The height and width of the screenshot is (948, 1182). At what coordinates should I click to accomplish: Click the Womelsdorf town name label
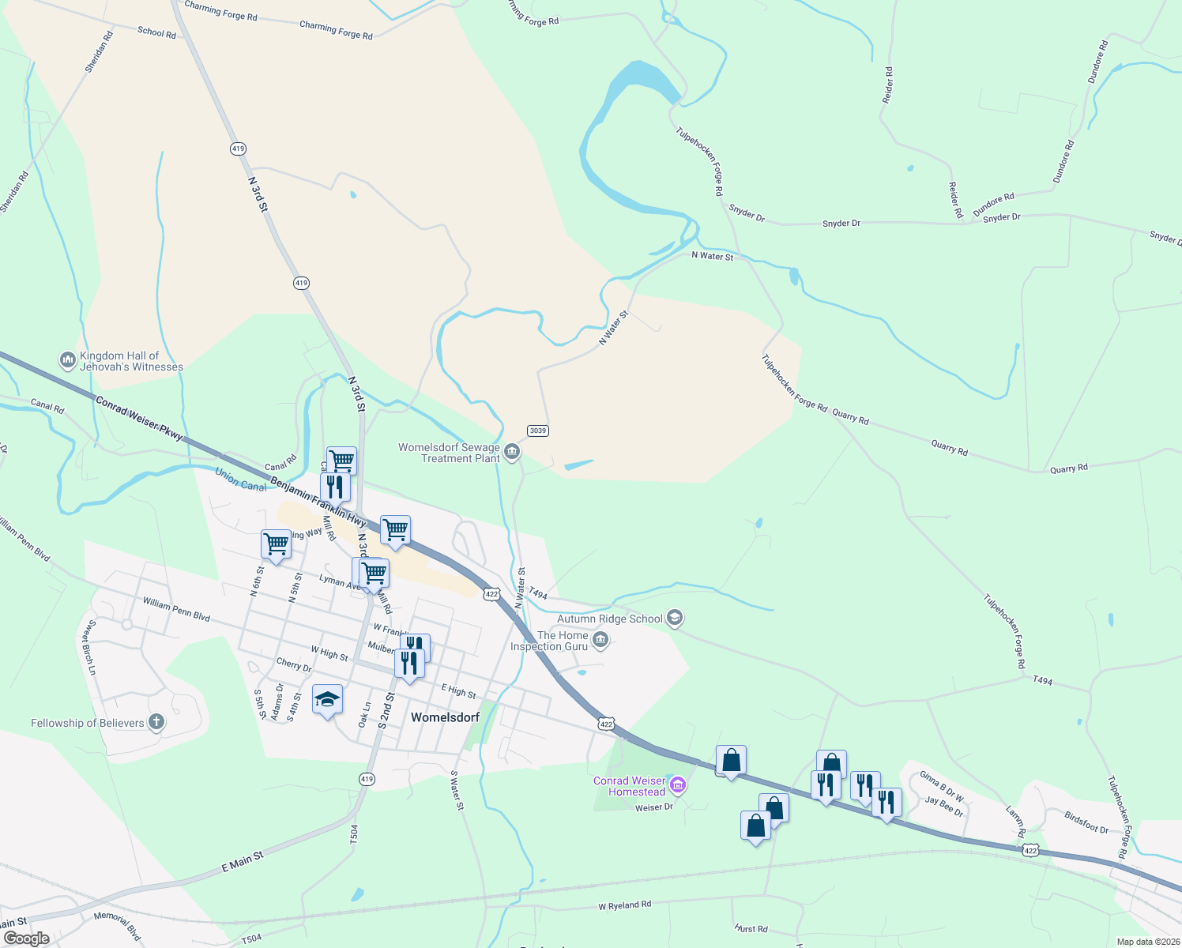point(445,717)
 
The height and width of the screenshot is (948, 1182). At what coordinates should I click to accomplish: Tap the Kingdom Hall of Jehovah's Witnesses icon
point(67,360)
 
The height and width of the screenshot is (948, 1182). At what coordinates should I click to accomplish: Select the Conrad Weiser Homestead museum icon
point(677,785)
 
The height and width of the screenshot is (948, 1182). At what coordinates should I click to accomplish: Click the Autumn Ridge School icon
point(674,618)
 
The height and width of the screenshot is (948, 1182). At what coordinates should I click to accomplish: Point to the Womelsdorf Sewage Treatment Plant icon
point(512,452)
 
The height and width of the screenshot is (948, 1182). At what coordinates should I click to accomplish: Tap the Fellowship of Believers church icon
point(156,722)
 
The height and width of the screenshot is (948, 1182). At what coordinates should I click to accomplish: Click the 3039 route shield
point(538,431)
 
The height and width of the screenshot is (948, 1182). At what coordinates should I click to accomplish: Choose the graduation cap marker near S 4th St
point(328,700)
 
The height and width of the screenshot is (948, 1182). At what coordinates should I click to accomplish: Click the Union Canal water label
point(241,480)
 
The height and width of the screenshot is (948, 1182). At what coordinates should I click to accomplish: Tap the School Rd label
point(156,32)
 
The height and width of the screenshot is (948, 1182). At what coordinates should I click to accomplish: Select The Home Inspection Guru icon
point(600,640)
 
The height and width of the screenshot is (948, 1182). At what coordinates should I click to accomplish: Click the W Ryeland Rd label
point(624,905)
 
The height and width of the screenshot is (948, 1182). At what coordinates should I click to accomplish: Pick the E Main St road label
point(242,862)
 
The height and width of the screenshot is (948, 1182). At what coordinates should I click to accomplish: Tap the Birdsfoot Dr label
point(1086,822)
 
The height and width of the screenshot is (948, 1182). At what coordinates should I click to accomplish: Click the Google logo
point(26,939)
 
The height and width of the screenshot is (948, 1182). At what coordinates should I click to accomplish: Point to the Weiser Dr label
point(653,807)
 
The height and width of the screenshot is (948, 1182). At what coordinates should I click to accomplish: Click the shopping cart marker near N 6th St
point(276,544)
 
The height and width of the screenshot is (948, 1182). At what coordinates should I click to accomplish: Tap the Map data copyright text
point(1146,942)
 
